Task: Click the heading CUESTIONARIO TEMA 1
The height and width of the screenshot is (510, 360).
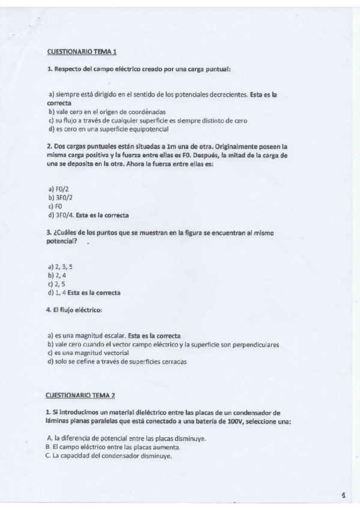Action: (81, 52)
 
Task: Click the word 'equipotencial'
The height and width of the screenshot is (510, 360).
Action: (150, 129)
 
